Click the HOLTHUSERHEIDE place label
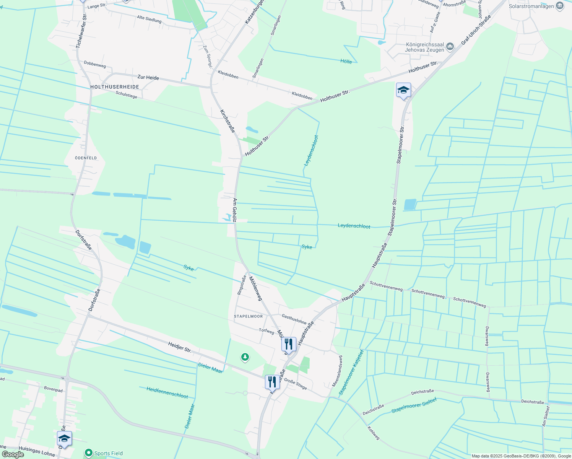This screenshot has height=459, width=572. click(115, 87)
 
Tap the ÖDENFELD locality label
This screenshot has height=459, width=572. click(86, 158)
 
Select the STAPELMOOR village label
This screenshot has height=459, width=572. click(249, 316)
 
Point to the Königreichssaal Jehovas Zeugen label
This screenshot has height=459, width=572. click(425, 47)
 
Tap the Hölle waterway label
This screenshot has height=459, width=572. click(346, 61)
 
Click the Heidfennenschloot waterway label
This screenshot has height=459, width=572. click(167, 392)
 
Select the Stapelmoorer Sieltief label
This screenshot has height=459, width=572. click(414, 407)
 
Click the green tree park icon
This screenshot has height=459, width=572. click(245, 357)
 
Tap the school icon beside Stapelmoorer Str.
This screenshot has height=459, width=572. click(403, 90)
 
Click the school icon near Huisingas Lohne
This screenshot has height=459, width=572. click(64, 438)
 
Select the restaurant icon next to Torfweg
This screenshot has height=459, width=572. click(289, 344)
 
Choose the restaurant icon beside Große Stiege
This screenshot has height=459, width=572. click(272, 381)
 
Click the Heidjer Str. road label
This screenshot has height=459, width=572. click(180, 347)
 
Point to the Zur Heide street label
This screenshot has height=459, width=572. click(148, 78)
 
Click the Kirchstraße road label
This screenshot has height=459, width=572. click(227, 121)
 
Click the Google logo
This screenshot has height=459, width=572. click(13, 454)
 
